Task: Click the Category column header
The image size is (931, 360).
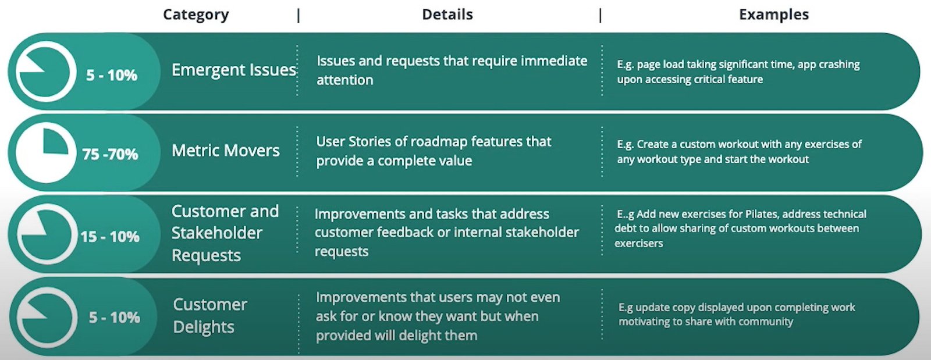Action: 196,15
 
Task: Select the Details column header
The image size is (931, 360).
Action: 447,15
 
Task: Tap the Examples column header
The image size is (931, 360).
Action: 774,15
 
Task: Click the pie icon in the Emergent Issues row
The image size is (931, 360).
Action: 46,72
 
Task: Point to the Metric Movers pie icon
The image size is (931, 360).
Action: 46,152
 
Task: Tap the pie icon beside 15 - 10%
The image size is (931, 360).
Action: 47,234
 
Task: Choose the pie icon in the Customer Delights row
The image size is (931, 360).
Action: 47,318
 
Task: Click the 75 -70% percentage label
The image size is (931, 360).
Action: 110,154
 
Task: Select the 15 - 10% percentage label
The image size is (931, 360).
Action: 110,237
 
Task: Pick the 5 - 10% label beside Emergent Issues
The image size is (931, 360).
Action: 111,75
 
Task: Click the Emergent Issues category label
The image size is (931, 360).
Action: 233,70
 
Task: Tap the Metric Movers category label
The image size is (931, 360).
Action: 226,150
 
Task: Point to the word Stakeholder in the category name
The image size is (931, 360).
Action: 217,233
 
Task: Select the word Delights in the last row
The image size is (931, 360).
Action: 204,327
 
